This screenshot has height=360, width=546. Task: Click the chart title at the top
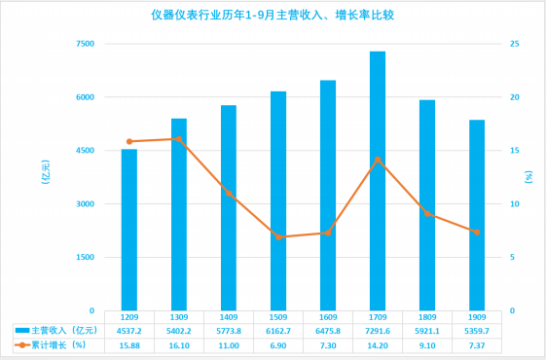[x=273, y=16]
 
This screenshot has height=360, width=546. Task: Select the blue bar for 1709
[x=378, y=181]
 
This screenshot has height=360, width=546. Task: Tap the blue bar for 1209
[x=129, y=230]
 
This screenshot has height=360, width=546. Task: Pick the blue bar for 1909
[x=477, y=215]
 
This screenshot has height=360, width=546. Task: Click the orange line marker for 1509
[x=278, y=237]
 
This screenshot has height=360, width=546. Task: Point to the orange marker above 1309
[x=179, y=139]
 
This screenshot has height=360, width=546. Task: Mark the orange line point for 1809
[x=427, y=214]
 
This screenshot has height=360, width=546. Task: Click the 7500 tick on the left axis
[x=86, y=44]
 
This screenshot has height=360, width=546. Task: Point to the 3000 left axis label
[x=86, y=204]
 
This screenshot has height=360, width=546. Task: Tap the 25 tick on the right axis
[x=515, y=44]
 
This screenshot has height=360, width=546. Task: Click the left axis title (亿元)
[x=46, y=172]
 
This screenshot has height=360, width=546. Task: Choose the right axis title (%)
[x=528, y=177]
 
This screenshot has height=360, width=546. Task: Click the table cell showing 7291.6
[x=378, y=331]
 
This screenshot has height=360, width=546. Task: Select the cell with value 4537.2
[x=129, y=331]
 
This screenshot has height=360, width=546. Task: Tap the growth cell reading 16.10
[x=179, y=345]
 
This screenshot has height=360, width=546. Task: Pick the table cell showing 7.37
[x=477, y=345]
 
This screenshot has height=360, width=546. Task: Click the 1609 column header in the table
[x=328, y=317]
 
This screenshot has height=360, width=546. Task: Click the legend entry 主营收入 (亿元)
[x=56, y=331]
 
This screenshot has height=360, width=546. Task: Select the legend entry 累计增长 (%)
[x=51, y=345]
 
